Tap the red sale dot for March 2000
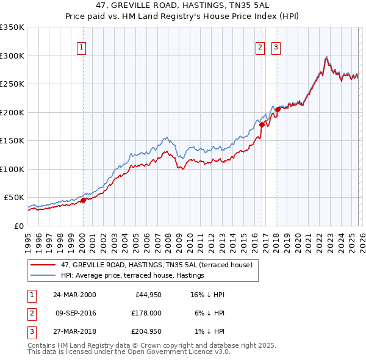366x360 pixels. coord(83,201)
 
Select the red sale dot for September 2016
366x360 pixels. coord(262,124)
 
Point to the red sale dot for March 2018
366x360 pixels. coord(278,109)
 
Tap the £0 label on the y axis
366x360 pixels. coord(18,226)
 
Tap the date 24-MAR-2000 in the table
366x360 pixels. coord(74,295)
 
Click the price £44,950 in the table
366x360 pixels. coord(146,295)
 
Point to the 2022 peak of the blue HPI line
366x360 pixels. coord(327,56)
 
